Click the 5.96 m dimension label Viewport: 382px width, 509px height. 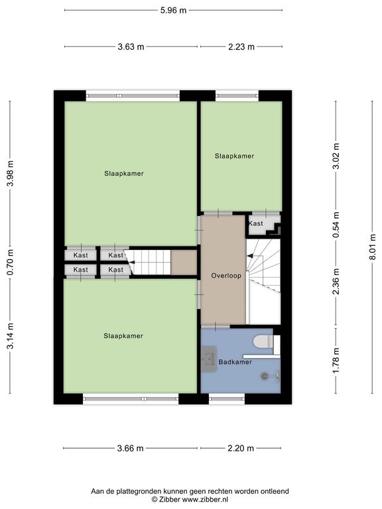tap(174, 11)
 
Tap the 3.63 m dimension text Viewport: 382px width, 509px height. tap(131, 47)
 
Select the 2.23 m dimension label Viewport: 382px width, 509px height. tap(241, 47)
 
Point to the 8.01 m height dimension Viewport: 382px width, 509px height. tap(372, 247)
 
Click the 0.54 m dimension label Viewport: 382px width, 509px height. tap(336, 225)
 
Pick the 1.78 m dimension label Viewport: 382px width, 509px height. tap(336, 361)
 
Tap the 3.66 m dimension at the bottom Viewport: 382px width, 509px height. tap(130, 448)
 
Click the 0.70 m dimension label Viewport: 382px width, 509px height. tap(11, 262)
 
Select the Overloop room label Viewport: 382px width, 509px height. tap(226, 276)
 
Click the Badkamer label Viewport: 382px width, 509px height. tap(235, 362)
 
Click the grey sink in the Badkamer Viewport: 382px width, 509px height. tap(209, 359)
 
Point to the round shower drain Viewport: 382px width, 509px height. tap(265, 376)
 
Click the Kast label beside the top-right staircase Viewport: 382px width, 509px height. tap(255, 223)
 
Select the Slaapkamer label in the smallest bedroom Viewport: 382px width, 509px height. tap(234, 156)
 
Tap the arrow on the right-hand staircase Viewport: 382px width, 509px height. tap(251, 256)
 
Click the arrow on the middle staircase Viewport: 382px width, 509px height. tap(131, 262)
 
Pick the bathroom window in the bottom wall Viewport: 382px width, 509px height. tap(227, 398)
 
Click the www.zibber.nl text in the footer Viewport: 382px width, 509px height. tap(205, 499)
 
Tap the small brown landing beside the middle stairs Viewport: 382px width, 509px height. tap(184, 262)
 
